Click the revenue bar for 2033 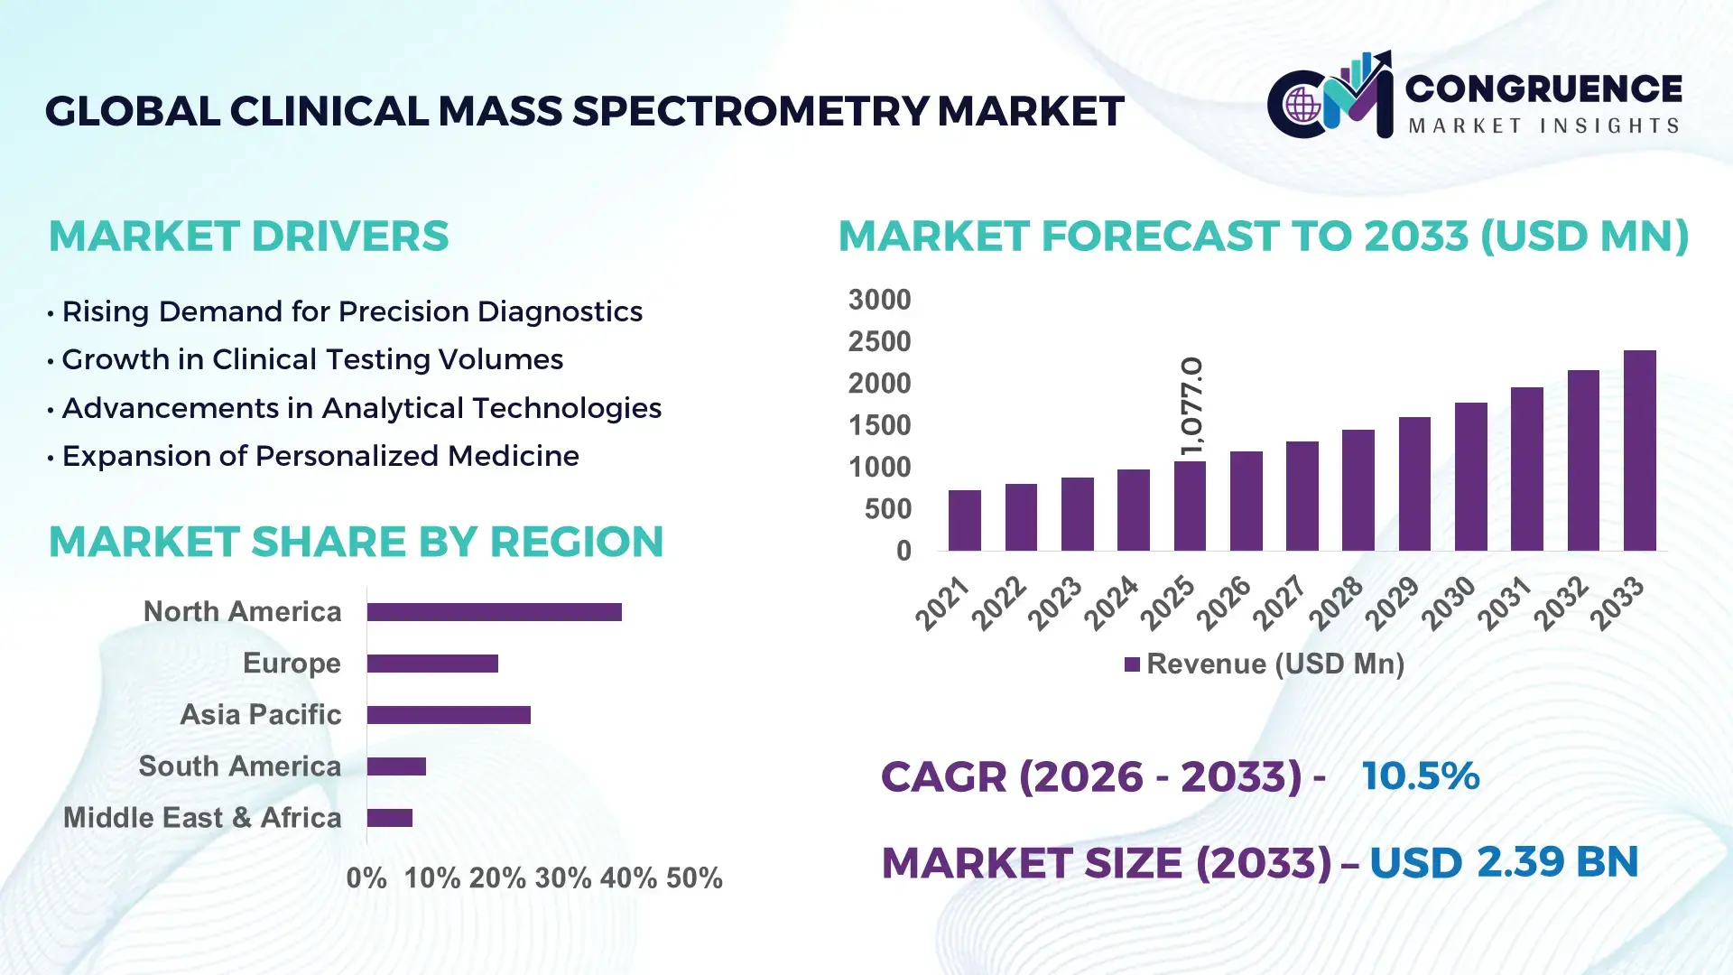tap(1639, 451)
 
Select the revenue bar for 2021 tap(965, 521)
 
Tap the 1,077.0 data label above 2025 tap(1192, 406)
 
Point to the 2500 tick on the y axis tap(879, 341)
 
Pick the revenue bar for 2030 tap(1470, 477)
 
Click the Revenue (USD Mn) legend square tap(1132, 664)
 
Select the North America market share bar tap(494, 612)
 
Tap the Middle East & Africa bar tap(389, 818)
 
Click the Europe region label tap(292, 664)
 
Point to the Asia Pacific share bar tap(449, 715)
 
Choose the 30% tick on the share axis tap(562, 878)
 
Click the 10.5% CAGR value tap(1420, 776)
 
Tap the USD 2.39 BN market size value tap(1503, 862)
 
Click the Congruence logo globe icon tap(1302, 105)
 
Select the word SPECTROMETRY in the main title tap(750, 111)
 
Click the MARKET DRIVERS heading tap(248, 237)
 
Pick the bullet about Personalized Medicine tap(320, 456)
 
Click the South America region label tap(239, 766)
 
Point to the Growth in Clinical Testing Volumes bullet tap(312, 359)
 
